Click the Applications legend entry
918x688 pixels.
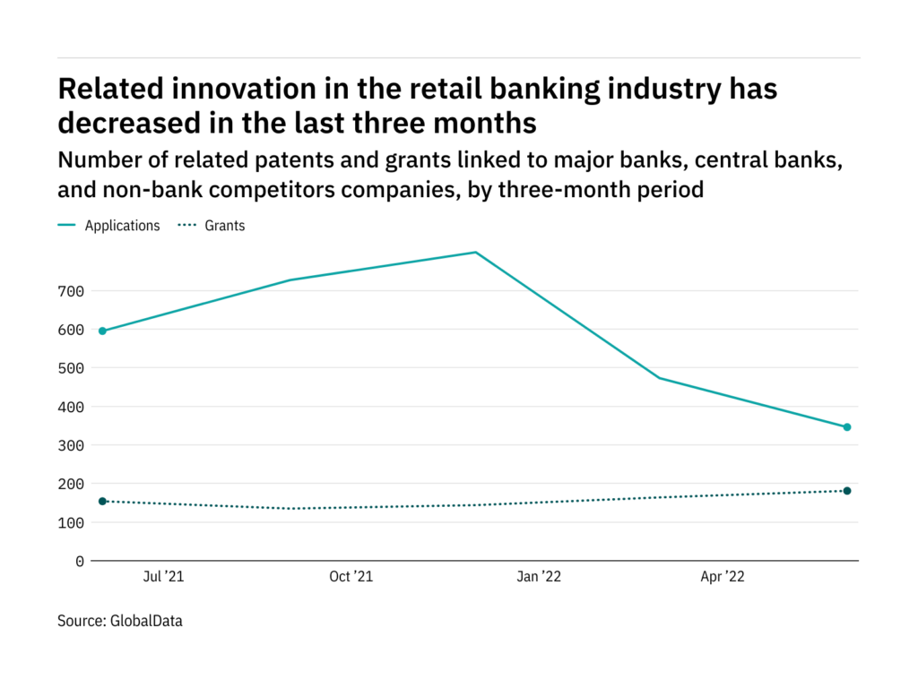[x=108, y=226]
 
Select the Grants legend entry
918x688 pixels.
[x=212, y=226]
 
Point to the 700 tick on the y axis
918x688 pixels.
[x=71, y=291]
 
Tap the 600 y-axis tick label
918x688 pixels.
[x=71, y=330]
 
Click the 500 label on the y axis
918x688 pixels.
[x=71, y=368]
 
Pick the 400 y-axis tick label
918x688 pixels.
[x=71, y=408]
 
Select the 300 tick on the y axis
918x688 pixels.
[x=71, y=446]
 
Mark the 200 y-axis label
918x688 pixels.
[x=71, y=485]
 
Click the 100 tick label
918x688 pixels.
[x=71, y=523]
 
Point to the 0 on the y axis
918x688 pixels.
[x=80, y=562]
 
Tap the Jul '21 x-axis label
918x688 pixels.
[x=163, y=577]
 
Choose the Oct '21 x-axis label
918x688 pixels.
[x=351, y=577]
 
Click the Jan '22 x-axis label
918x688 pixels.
[x=539, y=577]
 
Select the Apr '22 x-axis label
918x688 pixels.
[x=723, y=577]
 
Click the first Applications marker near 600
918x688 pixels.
[x=102, y=331]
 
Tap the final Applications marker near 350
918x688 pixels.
[x=847, y=427]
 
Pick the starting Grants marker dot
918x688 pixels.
[x=102, y=502]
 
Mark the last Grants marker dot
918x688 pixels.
[x=847, y=491]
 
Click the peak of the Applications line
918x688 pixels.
[x=476, y=252]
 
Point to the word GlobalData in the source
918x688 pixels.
[x=146, y=621]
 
